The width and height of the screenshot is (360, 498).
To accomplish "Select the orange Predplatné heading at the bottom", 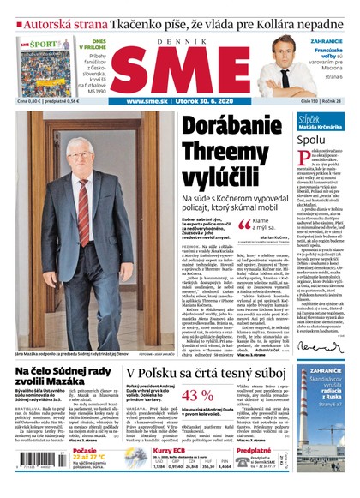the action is pos(255,449).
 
